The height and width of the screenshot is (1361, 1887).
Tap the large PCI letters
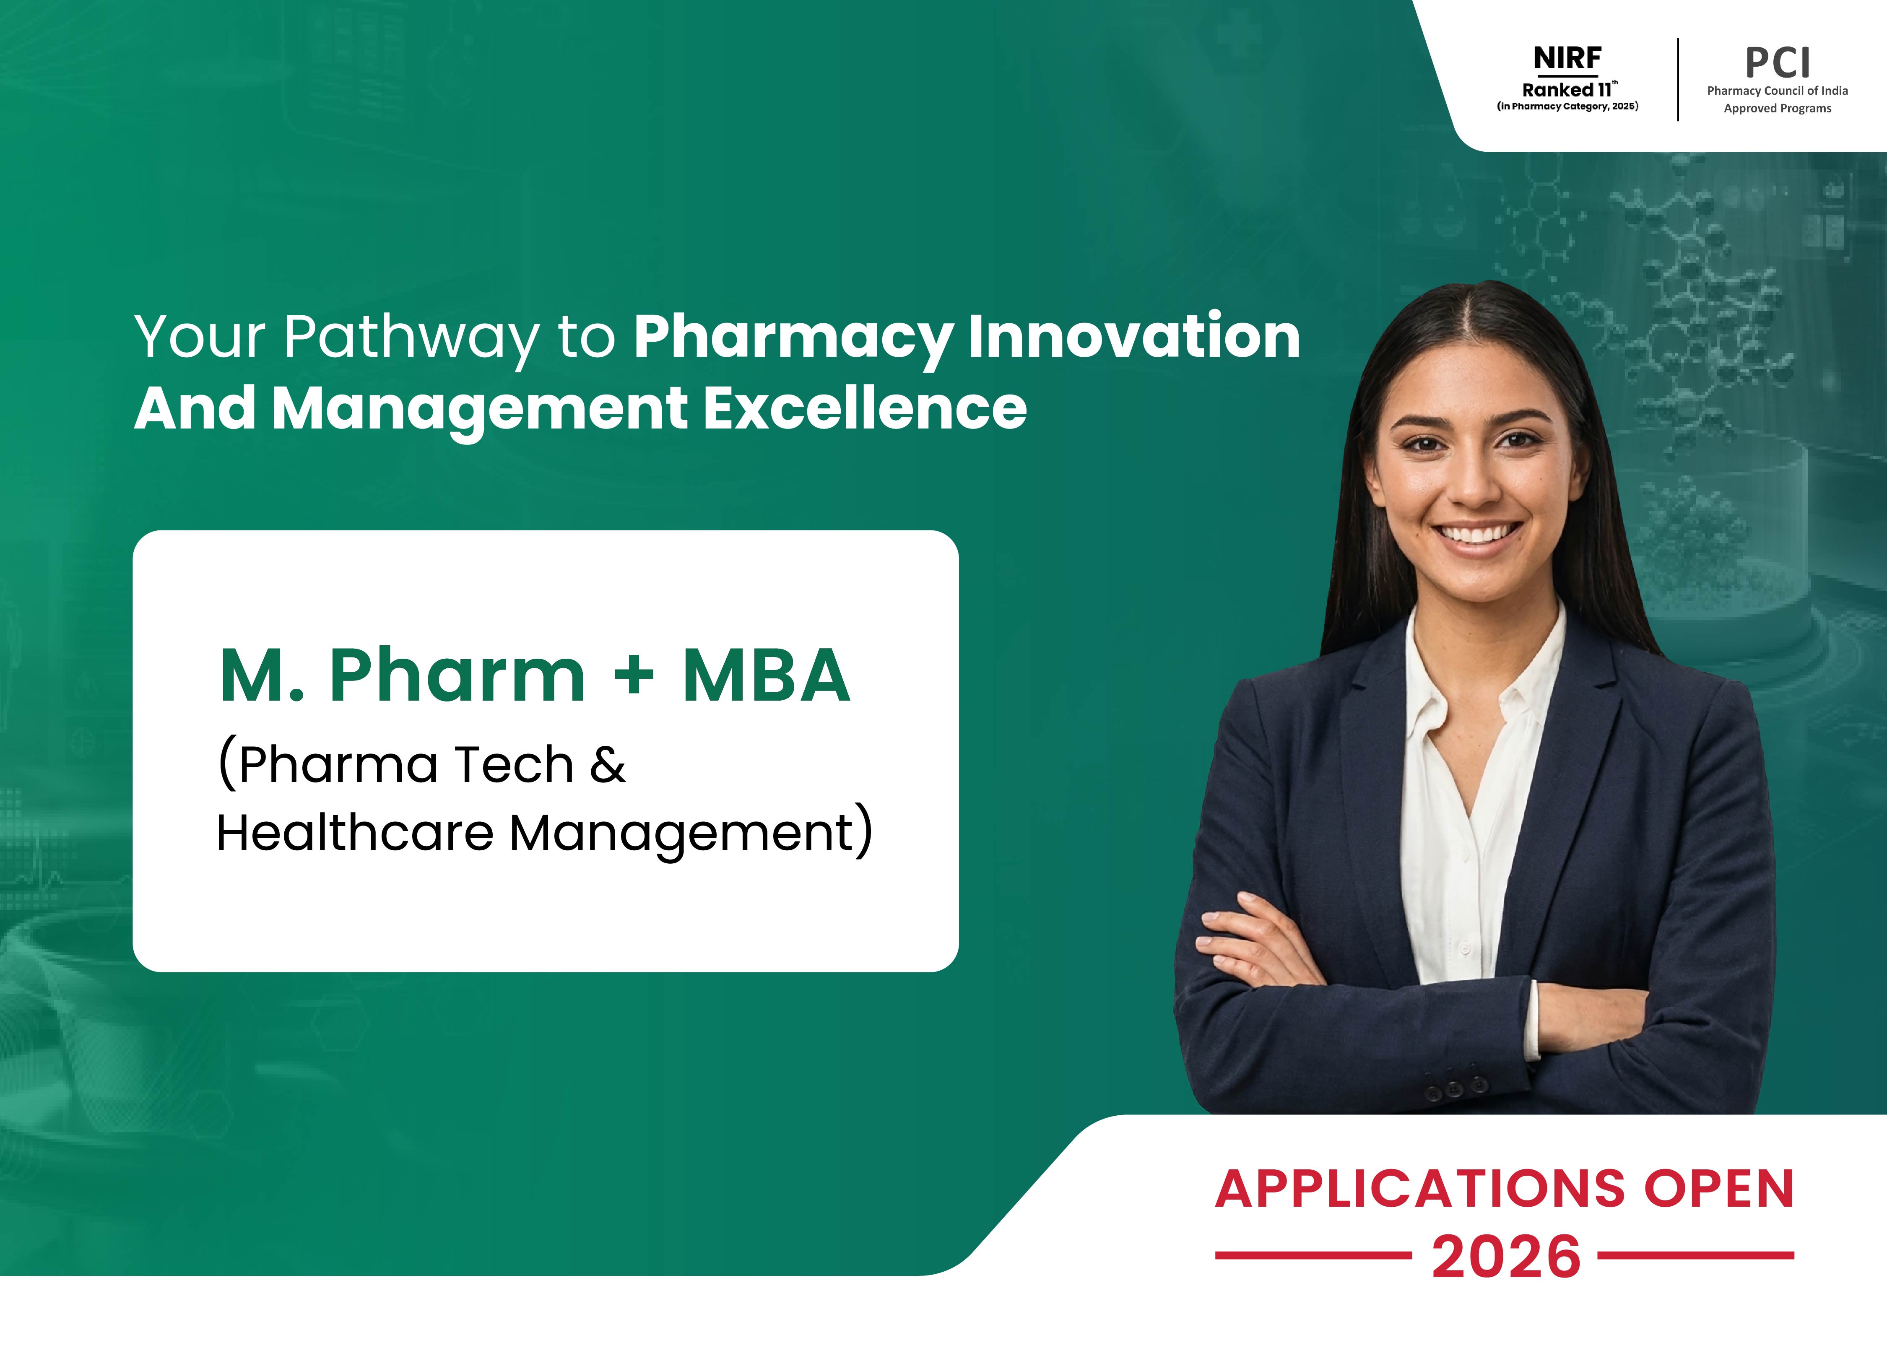(1777, 62)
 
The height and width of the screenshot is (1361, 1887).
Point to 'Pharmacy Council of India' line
(1777, 91)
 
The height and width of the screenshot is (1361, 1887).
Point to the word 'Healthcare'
(355, 832)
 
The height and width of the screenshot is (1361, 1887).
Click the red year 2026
(1506, 1256)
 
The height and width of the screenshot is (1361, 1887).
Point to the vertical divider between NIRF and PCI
(1678, 79)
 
